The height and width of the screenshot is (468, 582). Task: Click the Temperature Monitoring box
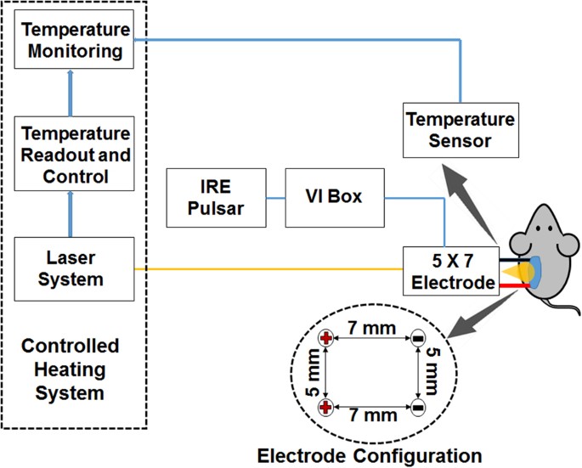[74, 39]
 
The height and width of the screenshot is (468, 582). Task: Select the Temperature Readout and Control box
[74, 154]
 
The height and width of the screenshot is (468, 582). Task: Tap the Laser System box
[74, 269]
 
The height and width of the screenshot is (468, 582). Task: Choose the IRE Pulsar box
[216, 198]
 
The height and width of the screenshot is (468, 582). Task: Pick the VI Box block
[335, 198]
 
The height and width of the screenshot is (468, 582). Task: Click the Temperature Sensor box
[461, 130]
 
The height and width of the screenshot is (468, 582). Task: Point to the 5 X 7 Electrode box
[451, 271]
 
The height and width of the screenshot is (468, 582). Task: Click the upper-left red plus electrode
[326, 338]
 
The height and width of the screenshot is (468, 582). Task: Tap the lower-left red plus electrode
[326, 408]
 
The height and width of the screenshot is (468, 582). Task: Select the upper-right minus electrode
[417, 338]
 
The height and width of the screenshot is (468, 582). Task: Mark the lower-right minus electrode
[417, 408]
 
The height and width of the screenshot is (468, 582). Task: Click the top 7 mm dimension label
[371, 329]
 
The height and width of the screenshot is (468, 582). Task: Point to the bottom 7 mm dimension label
[373, 415]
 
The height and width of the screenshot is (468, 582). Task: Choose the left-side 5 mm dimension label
[314, 373]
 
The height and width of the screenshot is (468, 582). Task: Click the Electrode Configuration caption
[370, 455]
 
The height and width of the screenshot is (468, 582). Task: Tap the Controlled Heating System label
[71, 369]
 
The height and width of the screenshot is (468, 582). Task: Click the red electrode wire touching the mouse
[515, 285]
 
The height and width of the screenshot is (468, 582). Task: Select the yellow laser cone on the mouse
[517, 272]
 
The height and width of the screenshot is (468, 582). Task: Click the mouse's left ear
[520, 244]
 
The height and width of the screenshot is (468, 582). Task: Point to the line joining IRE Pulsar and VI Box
[276, 198]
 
